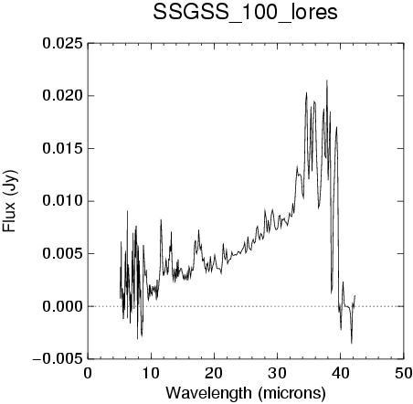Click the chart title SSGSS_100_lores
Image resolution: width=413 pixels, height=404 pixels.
coord(245,12)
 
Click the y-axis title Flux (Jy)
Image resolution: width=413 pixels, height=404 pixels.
coord(9,201)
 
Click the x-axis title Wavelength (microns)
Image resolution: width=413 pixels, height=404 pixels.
coord(246,393)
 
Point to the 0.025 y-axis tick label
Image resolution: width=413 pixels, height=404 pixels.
coord(62,44)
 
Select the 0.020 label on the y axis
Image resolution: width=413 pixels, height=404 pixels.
coord(62,96)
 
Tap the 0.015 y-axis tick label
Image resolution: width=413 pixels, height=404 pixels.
coord(62,149)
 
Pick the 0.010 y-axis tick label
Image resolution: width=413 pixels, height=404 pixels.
coord(62,201)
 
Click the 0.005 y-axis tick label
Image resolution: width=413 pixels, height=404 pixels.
coord(62,253)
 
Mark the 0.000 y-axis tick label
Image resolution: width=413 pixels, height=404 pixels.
coord(62,306)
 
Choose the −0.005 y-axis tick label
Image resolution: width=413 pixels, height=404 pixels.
coord(58,359)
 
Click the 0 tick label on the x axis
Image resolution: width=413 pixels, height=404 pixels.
coord(88,373)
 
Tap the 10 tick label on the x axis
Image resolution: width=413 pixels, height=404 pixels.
coord(151,373)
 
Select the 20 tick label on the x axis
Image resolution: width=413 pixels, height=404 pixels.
coord(214,373)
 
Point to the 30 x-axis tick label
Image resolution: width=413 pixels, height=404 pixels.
coord(277,373)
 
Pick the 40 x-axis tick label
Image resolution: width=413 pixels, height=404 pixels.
coord(340,373)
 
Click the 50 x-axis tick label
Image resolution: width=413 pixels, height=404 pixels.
coord(404,373)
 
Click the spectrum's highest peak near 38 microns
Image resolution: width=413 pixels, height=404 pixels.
coord(327,80)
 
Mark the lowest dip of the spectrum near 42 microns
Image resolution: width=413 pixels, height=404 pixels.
coord(352,343)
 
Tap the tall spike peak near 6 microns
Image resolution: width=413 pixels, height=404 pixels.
coord(127,211)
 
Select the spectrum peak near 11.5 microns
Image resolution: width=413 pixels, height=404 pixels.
coord(161,220)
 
